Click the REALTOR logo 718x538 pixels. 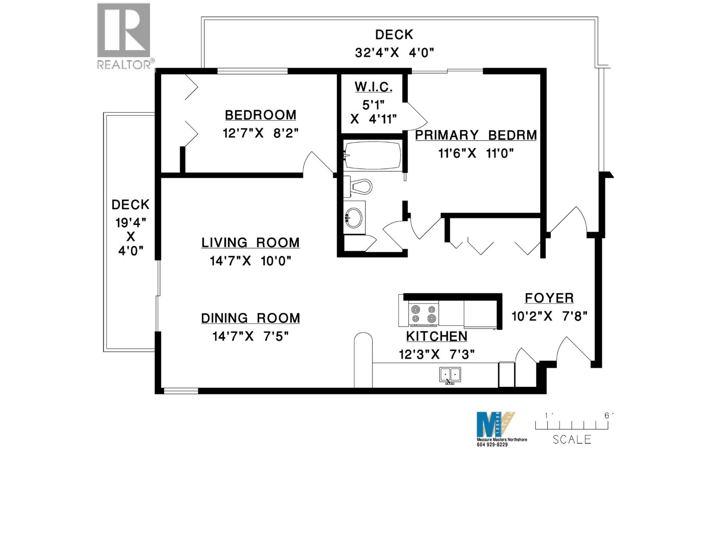(124, 36)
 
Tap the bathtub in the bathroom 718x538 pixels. (372, 155)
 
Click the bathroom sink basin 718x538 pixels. (355, 217)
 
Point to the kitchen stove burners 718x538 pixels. (424, 314)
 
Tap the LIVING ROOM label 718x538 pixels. (250, 243)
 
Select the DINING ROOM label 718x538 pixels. (250, 318)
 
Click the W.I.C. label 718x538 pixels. (373, 87)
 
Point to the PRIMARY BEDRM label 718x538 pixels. (476, 135)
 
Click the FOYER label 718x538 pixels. (549, 298)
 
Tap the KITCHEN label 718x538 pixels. (437, 336)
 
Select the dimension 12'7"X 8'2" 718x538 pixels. (260, 133)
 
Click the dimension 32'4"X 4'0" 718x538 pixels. (394, 52)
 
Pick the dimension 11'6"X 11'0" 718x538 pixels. (476, 153)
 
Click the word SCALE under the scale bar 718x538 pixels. (572, 439)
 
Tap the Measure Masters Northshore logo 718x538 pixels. (495, 424)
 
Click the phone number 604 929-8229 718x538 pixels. (492, 445)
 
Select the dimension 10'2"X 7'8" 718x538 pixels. (549, 316)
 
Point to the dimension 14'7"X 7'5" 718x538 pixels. (250, 336)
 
